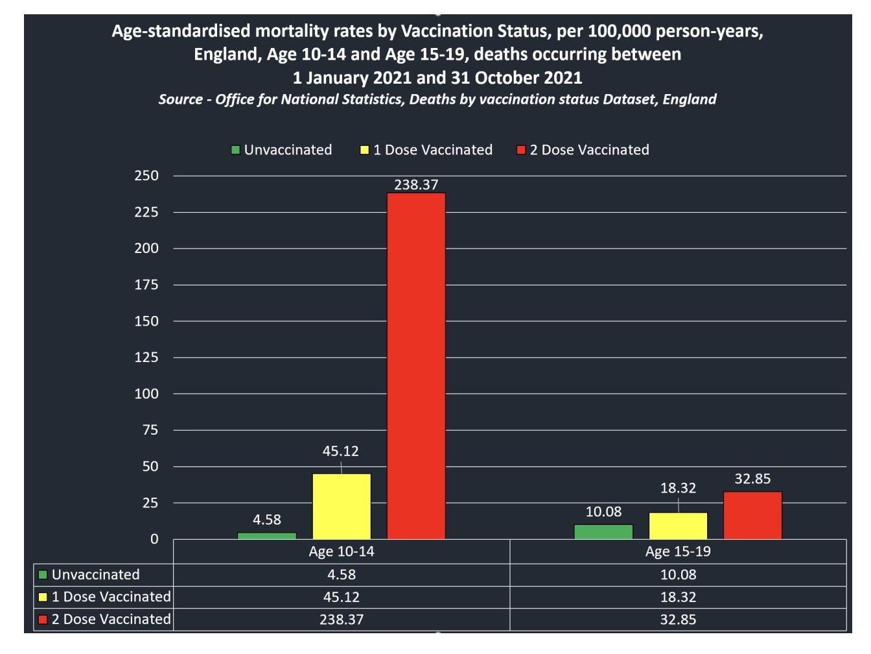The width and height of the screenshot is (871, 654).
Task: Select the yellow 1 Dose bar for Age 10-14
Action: click(342, 506)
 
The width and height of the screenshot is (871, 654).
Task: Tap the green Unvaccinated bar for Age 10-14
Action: click(267, 536)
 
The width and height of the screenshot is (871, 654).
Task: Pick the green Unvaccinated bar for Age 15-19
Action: click(603, 532)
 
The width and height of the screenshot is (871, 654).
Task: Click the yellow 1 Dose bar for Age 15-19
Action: click(678, 526)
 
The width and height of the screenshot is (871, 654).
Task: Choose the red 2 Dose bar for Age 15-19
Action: click(752, 515)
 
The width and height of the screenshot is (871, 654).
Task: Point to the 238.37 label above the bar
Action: click(416, 185)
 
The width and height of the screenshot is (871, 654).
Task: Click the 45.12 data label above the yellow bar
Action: click(340, 451)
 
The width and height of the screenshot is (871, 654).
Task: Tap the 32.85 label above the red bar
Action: click(752, 479)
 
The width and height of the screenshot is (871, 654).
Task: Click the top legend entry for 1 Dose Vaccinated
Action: click(426, 150)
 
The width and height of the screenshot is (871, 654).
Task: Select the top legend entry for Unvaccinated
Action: click(282, 150)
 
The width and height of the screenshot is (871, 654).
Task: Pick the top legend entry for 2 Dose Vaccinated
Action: click(583, 150)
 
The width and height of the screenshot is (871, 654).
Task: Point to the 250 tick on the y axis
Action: click(146, 176)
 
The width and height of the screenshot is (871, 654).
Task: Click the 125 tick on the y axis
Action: click(146, 357)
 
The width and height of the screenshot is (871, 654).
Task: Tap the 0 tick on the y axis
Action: click(154, 539)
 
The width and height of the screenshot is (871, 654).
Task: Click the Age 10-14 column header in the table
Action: click(342, 551)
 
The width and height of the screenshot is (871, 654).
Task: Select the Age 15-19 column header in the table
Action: click(678, 551)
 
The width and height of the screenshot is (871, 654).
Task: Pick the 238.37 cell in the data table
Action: click(342, 620)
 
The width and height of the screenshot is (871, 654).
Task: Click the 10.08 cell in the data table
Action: click(678, 575)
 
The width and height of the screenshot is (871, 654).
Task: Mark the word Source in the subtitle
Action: click(181, 99)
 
